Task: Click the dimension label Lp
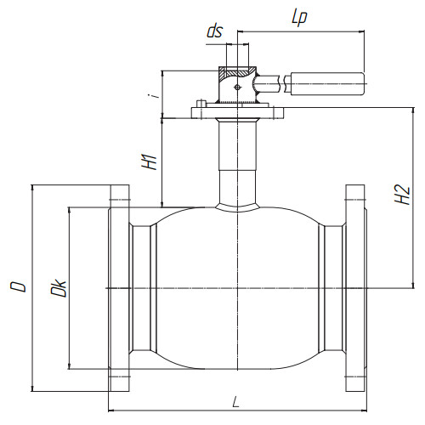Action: pyautogui.click(x=299, y=18)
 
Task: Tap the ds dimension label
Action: pyautogui.click(x=215, y=31)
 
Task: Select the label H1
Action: pyautogui.click(x=150, y=162)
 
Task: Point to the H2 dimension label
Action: pyautogui.click(x=402, y=195)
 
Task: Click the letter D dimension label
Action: pyautogui.click(x=18, y=286)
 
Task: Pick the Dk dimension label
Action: pyautogui.click(x=59, y=288)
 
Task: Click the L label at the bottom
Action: pyautogui.click(x=235, y=402)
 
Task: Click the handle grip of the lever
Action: pyautogui.click(x=327, y=84)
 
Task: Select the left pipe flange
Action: pyautogui.click(x=119, y=288)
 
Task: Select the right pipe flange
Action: pyautogui.click(x=355, y=288)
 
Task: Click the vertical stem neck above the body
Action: pyautogui.click(x=238, y=161)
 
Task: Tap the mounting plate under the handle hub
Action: pyautogui.click(x=238, y=113)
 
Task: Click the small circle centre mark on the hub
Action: pyautogui.click(x=237, y=88)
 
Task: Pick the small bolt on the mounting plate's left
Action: pyautogui.click(x=201, y=104)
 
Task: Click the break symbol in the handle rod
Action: pyautogui.click(x=281, y=83)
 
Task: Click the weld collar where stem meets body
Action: pyautogui.click(x=238, y=207)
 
